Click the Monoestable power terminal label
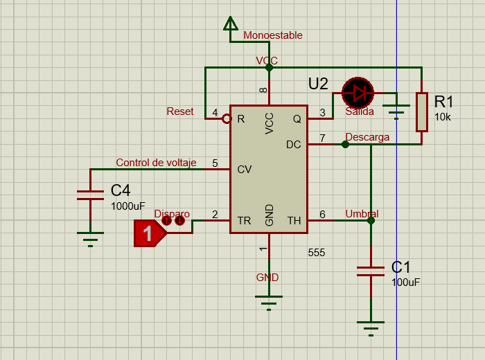272,35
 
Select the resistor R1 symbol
422,111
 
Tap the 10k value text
443,117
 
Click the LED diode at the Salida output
358,91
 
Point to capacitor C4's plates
90,195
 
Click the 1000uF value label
128,206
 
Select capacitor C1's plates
371,271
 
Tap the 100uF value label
406,282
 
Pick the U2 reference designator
318,84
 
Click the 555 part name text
316,253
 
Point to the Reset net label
180,111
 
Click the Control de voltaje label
156,163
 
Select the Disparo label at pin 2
172,214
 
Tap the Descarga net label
367,137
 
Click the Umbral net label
362,214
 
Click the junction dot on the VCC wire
269,68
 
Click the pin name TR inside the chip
244,221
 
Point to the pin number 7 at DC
321,138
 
